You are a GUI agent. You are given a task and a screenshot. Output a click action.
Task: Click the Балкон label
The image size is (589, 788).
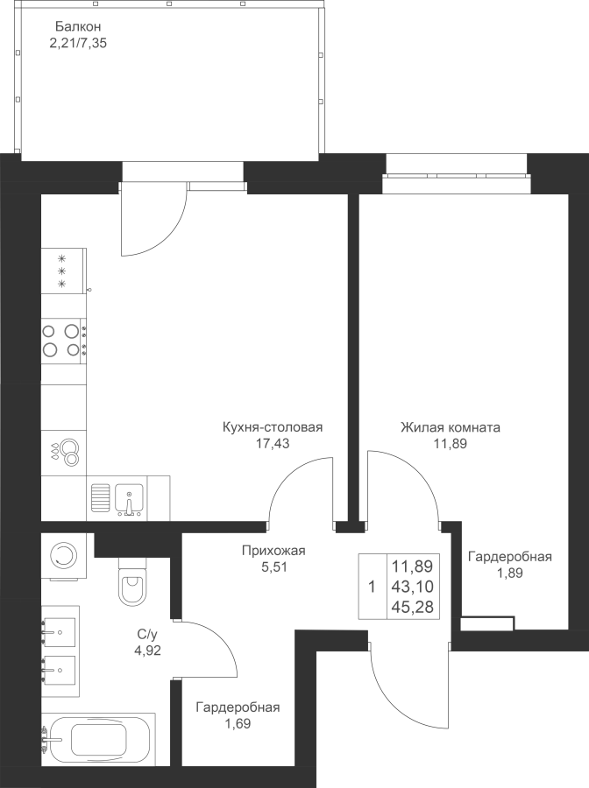coord(78,26)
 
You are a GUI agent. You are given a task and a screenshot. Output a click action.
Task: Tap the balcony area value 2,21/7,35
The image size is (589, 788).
coord(78,43)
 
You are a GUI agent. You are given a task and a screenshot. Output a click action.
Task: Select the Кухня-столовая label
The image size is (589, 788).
coord(273,427)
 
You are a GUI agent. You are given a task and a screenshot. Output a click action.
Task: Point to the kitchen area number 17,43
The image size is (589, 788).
coord(273,443)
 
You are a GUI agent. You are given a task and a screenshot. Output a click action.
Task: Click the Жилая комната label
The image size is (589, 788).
coord(451,427)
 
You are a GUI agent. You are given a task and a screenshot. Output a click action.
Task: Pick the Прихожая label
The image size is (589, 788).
coord(273,551)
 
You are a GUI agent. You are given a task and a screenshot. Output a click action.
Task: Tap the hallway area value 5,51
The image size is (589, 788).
coord(273,566)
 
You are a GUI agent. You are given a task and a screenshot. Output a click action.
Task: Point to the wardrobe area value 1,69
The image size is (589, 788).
coord(237,724)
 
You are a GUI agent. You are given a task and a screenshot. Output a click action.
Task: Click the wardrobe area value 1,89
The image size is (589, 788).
coord(509,573)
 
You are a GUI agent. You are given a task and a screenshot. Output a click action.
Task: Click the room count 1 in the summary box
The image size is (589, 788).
coord(372,587)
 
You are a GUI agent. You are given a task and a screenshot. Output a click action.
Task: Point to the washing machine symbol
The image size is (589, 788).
coord(64,556)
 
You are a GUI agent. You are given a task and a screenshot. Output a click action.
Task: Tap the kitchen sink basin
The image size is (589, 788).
coord(129,499)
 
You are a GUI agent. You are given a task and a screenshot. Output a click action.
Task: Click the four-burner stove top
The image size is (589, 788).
coord(64,341)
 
